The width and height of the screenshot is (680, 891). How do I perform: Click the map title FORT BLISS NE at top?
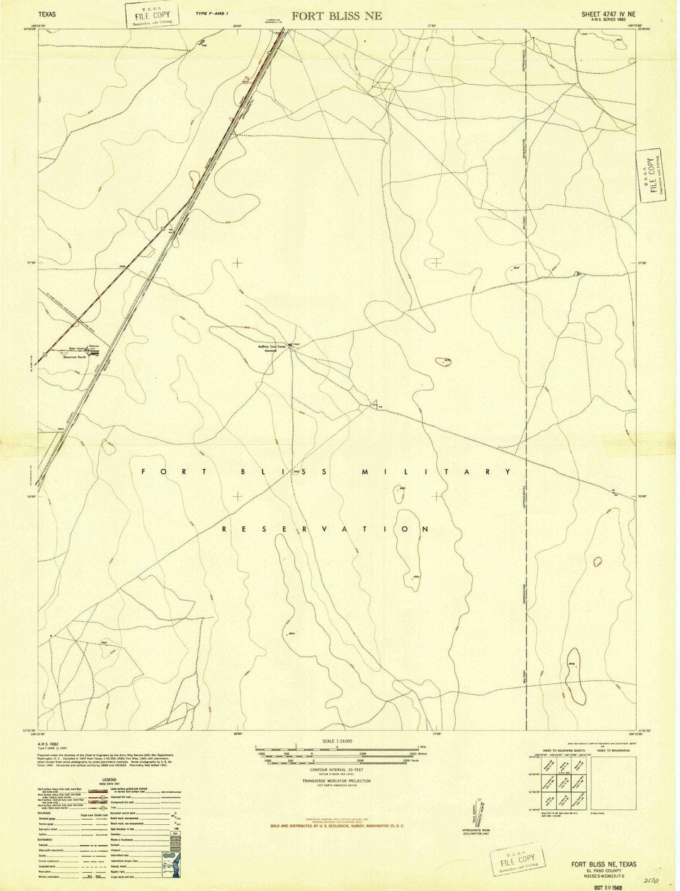336,16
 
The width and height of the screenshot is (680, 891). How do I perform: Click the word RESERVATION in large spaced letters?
326,529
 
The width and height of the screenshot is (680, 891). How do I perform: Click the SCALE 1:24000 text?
337,741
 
